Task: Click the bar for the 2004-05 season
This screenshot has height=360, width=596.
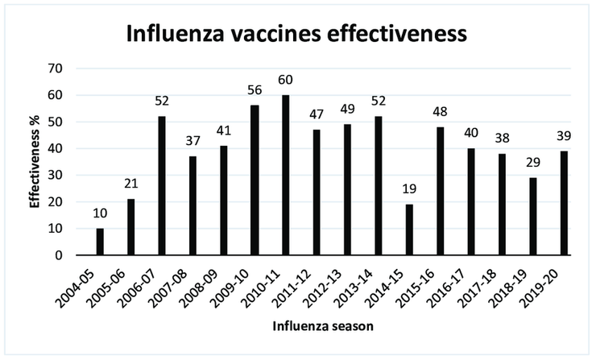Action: pyautogui.click(x=101, y=242)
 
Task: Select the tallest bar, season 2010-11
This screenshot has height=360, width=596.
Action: pyautogui.click(x=285, y=176)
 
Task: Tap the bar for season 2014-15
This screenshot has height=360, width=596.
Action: pyautogui.click(x=410, y=230)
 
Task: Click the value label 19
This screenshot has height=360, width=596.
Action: pyautogui.click(x=410, y=190)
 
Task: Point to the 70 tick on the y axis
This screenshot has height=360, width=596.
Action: pyautogui.click(x=54, y=68)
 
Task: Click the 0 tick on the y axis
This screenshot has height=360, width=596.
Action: pyautogui.click(x=59, y=255)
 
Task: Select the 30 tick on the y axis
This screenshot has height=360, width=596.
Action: pyautogui.click(x=54, y=175)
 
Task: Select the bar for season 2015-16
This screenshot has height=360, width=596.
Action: pyautogui.click(x=441, y=191)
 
